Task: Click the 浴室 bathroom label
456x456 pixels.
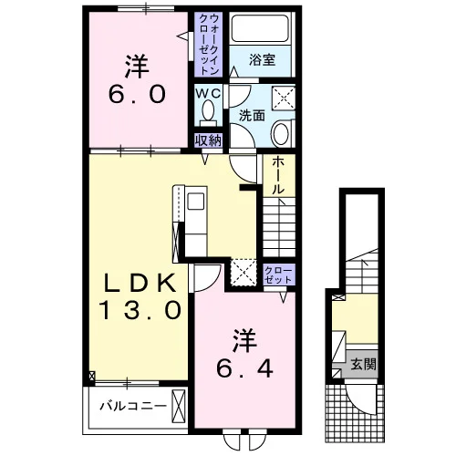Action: point(262,60)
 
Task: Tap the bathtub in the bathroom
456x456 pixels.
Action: point(260,28)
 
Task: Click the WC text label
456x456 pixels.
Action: point(208,94)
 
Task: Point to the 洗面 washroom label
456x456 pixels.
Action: point(252,116)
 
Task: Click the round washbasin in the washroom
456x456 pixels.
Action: point(281,133)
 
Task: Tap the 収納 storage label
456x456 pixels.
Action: point(208,140)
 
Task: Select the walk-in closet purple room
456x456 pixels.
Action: point(209,45)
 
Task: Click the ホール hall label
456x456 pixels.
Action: point(278,175)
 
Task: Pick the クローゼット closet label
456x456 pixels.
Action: point(278,275)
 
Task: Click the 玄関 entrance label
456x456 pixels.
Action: point(364,364)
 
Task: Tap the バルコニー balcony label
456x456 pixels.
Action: point(133,406)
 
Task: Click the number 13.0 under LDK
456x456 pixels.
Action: point(140,309)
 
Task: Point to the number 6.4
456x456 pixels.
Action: point(244,368)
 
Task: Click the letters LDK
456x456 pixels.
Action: point(140,283)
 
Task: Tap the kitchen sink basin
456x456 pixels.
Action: point(196,202)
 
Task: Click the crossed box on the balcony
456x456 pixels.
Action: point(179,406)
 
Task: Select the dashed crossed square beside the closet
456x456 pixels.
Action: point(244,273)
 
